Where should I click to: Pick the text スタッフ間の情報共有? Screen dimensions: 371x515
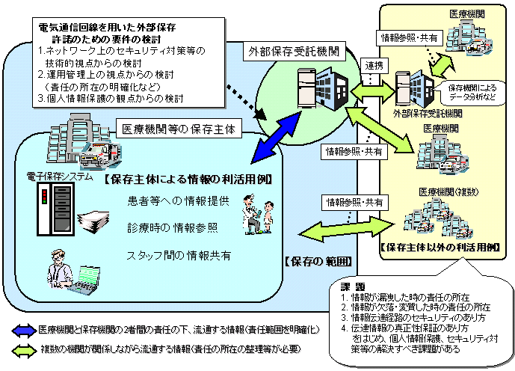(x=179, y=255)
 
